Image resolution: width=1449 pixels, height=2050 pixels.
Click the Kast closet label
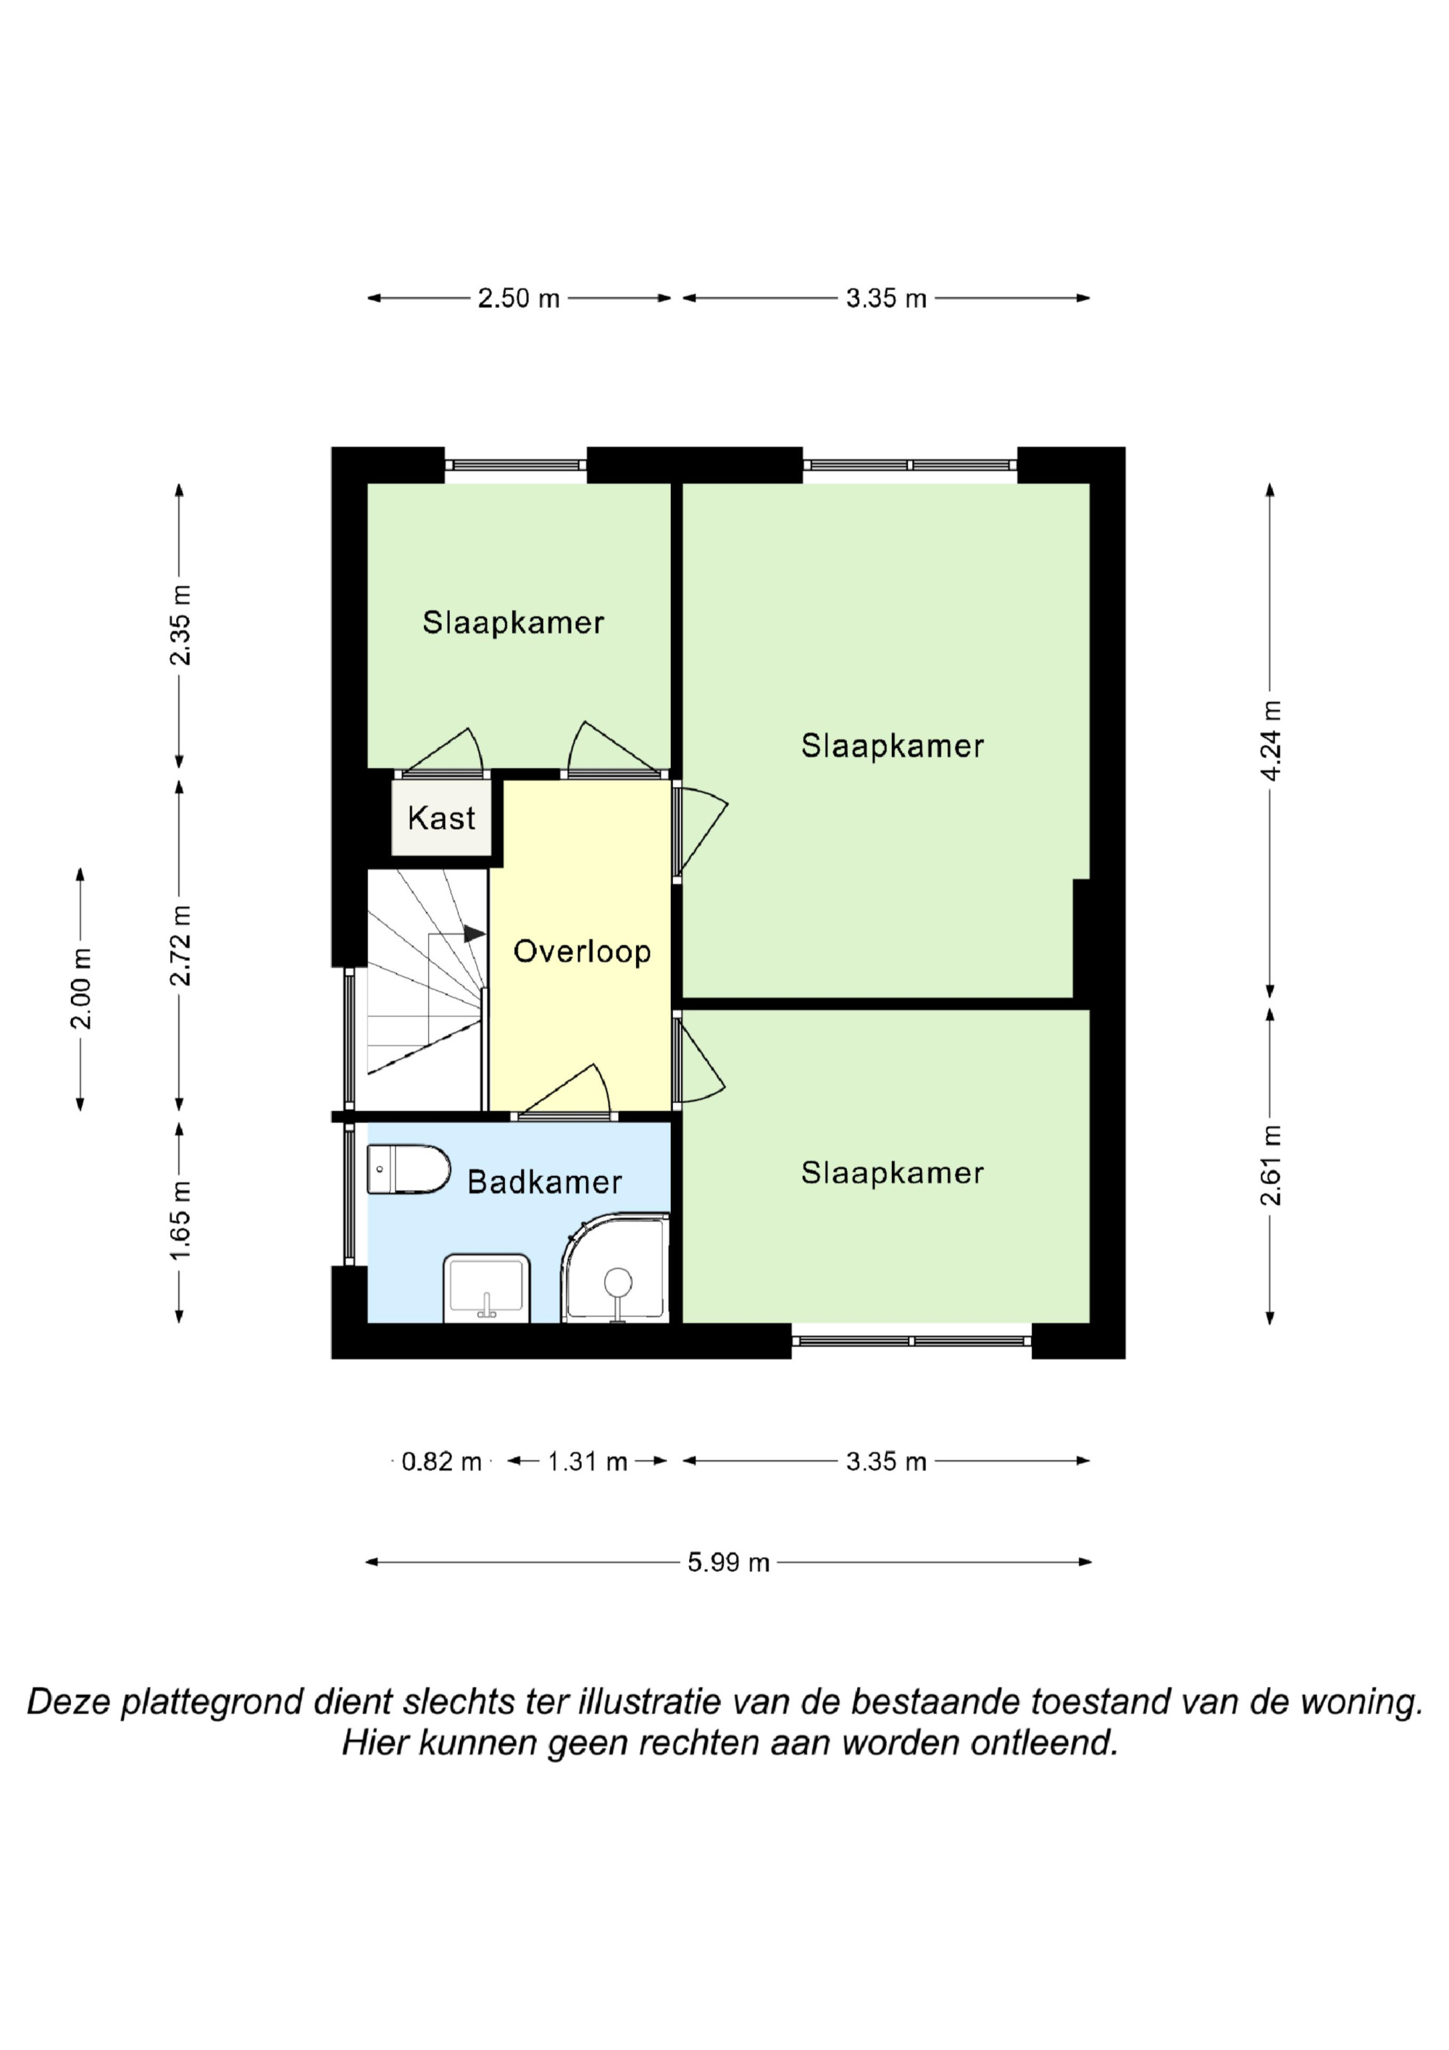[x=441, y=818]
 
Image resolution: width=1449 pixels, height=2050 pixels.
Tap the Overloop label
[x=582, y=951]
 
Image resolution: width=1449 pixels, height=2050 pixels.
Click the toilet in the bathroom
[x=409, y=1169]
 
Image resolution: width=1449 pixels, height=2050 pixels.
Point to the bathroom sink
[x=487, y=1288]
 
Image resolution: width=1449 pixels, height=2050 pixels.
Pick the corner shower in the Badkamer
[x=615, y=1268]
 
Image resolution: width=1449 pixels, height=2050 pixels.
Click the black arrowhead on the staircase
[x=474, y=934]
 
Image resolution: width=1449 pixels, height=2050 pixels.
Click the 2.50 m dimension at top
[x=519, y=299]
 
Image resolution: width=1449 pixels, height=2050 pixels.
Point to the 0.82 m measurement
[x=441, y=1462]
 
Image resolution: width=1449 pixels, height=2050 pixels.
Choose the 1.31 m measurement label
[x=588, y=1462]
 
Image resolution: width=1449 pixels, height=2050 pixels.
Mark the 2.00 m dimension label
[x=81, y=988]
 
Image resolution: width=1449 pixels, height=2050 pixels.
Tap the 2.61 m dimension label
[x=1271, y=1165]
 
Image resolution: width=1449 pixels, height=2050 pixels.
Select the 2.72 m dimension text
[x=180, y=945]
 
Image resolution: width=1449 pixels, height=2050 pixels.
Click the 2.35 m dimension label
[x=180, y=625]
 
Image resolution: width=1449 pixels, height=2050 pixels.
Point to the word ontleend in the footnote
[x=1045, y=1743]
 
